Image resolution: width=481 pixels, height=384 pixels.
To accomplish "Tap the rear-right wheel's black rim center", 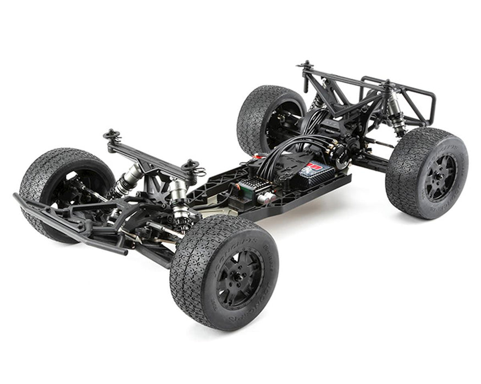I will coord(440,177).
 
